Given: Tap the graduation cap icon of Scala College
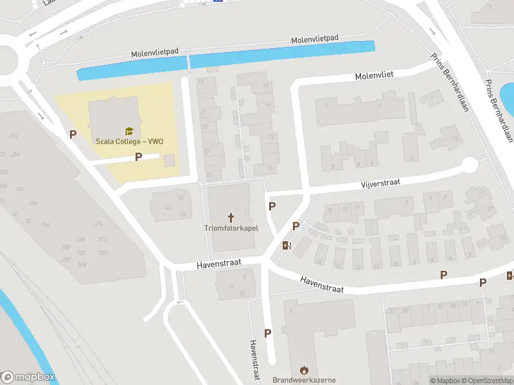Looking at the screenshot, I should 128,131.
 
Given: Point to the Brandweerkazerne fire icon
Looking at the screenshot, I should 304,370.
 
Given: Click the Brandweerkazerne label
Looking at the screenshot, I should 304,380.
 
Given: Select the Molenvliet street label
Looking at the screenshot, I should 374,76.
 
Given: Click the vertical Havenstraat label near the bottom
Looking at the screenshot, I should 254,360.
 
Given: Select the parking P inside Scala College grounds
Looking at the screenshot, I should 137,157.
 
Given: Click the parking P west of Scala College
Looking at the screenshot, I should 73,135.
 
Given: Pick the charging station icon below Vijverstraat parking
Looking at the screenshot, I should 286,244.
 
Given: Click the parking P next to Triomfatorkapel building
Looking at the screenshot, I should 272,207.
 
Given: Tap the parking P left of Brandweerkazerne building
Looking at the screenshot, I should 268,333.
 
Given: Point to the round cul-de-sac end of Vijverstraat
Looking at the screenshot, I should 470,166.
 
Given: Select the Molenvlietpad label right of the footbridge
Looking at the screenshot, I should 315,40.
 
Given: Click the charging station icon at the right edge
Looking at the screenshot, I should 510,276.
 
